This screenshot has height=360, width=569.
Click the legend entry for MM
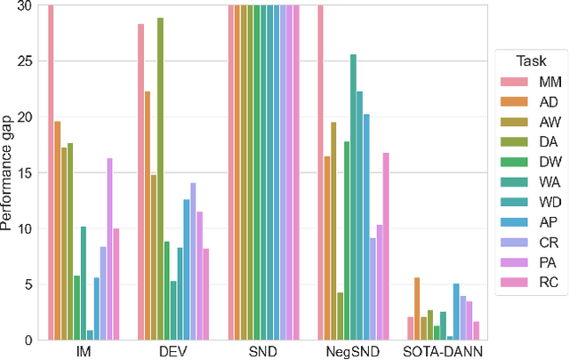click(531, 82)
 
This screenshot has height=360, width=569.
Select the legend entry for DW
click(531, 164)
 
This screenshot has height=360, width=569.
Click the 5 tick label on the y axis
click(28, 284)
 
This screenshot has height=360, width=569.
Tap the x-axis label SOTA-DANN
click(443, 352)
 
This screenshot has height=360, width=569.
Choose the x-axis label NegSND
click(353, 352)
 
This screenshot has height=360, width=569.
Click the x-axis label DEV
click(174, 352)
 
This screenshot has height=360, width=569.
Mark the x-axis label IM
click(84, 352)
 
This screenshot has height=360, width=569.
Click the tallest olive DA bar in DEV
click(160, 178)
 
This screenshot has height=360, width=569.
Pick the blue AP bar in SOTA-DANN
click(456, 311)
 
